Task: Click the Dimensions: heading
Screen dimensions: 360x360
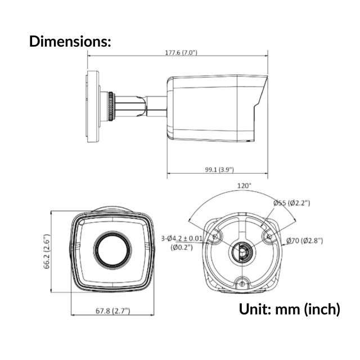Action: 70,41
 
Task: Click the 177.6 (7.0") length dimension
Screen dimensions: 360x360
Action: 177,52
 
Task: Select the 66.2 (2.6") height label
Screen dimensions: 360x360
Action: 47,252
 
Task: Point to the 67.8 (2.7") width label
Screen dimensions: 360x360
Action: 112,310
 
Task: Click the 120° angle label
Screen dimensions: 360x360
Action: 244,185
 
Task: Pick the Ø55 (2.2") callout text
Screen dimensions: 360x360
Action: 291,202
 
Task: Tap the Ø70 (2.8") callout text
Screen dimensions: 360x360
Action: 304,241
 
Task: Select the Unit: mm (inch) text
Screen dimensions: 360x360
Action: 290,309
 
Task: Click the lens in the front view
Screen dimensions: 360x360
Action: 112,250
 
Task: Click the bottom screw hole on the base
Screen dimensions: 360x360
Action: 242,282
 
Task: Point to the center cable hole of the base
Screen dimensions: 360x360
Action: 242,252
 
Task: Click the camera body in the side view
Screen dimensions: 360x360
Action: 211,107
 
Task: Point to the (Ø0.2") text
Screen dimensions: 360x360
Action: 183,247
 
